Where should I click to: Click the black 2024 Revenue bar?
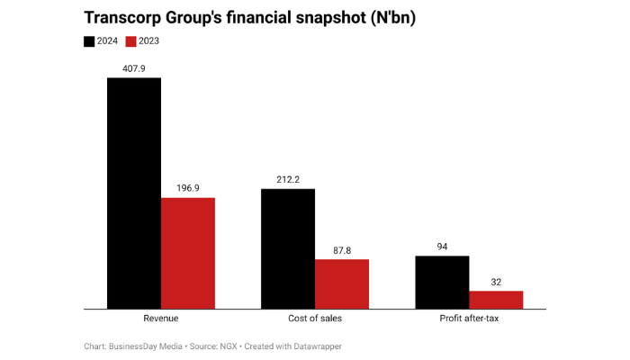point(134,193)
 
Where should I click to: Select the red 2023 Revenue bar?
point(188,254)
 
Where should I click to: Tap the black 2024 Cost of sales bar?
point(288,249)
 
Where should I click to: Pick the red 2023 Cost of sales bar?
point(342,284)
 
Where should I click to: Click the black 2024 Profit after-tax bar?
point(442,283)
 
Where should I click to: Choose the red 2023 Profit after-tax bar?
point(496,300)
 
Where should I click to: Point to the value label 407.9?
point(134,67)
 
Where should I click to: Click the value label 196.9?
point(188,188)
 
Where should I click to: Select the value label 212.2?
point(288,179)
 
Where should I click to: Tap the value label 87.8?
point(342,250)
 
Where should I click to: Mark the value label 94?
point(442,247)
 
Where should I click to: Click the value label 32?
point(496,282)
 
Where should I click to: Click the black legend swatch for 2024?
point(89,41)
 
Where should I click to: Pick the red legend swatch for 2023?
point(130,41)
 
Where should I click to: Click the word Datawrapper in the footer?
point(317,346)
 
